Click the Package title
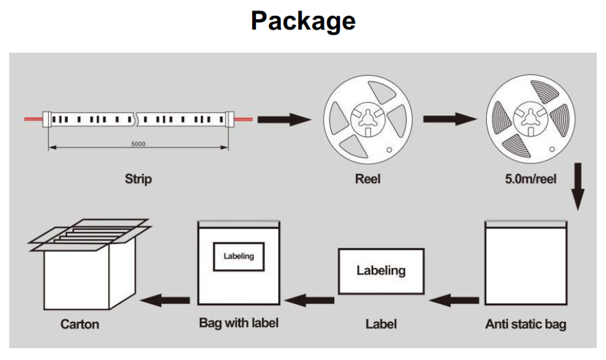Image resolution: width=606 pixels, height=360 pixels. [x=303, y=21]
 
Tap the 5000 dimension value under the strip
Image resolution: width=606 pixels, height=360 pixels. [x=138, y=143]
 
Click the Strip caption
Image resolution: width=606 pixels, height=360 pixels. [x=138, y=178]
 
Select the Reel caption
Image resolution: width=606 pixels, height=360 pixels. [x=367, y=178]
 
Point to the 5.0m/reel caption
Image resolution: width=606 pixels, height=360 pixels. [x=523, y=178]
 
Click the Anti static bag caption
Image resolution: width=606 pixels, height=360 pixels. [x=525, y=324]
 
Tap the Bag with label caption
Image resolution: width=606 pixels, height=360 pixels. [x=239, y=323]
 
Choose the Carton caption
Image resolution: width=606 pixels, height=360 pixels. [x=80, y=324]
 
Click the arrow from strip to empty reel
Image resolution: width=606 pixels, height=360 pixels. [x=283, y=120]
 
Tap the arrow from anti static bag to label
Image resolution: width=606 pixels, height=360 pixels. [x=454, y=300]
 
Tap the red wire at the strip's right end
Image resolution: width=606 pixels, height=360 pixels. [x=243, y=119]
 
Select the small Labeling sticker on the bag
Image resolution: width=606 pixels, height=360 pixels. [x=238, y=256]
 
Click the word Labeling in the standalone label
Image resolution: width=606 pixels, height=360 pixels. [x=381, y=270]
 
